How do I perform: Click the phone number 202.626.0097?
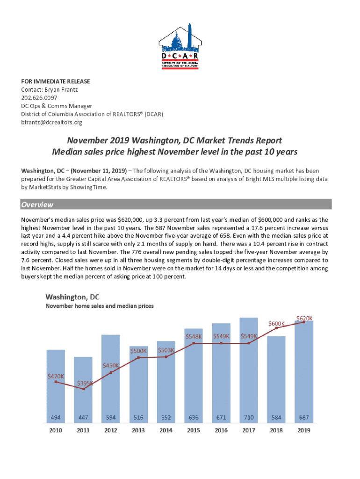[x=39, y=98]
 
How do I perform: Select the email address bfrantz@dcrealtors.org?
[x=51, y=123]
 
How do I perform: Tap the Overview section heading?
[x=37, y=204]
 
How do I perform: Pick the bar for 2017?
[x=249, y=370]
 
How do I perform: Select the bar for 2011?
[x=83, y=388]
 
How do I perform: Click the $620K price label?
[x=304, y=318]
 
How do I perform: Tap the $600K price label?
[x=277, y=323]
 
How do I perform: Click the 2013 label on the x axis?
[x=138, y=430]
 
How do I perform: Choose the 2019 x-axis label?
[x=304, y=430]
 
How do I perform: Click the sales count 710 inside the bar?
[x=249, y=417]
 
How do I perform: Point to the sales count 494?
[x=56, y=417]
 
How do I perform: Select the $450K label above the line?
[x=111, y=365]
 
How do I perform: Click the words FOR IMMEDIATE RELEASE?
[x=55, y=81]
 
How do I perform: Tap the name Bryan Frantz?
[x=60, y=89]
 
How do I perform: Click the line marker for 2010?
[x=56, y=382]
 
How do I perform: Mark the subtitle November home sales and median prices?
[x=100, y=306]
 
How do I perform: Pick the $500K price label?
[x=138, y=350]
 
